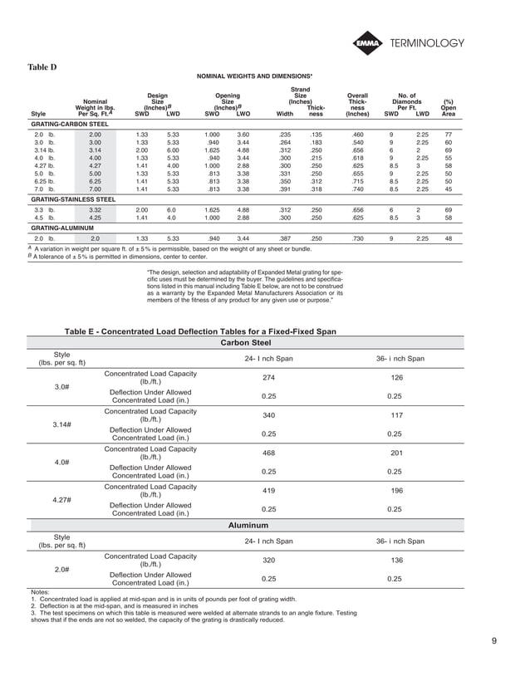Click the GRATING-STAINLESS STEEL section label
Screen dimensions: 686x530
click(73, 199)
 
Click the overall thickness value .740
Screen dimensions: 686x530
click(357, 188)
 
